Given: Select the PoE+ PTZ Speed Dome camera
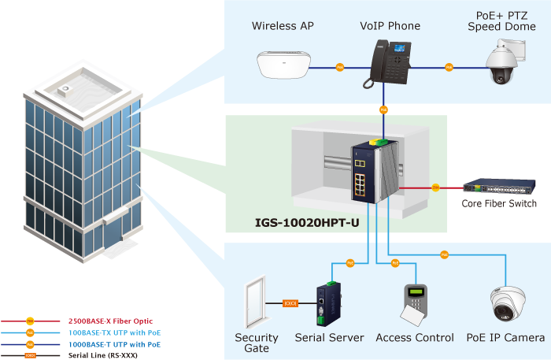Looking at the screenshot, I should [x=500, y=63].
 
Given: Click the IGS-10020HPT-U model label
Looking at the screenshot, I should [x=307, y=223].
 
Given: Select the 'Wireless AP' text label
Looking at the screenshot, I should [x=283, y=26].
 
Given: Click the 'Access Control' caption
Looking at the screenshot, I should [x=415, y=338].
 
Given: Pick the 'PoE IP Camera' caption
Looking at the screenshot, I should [x=505, y=338].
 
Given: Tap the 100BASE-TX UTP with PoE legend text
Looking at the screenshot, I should [x=115, y=332].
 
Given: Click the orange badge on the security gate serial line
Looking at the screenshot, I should [x=290, y=302].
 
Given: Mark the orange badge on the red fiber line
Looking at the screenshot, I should [x=435, y=187].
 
